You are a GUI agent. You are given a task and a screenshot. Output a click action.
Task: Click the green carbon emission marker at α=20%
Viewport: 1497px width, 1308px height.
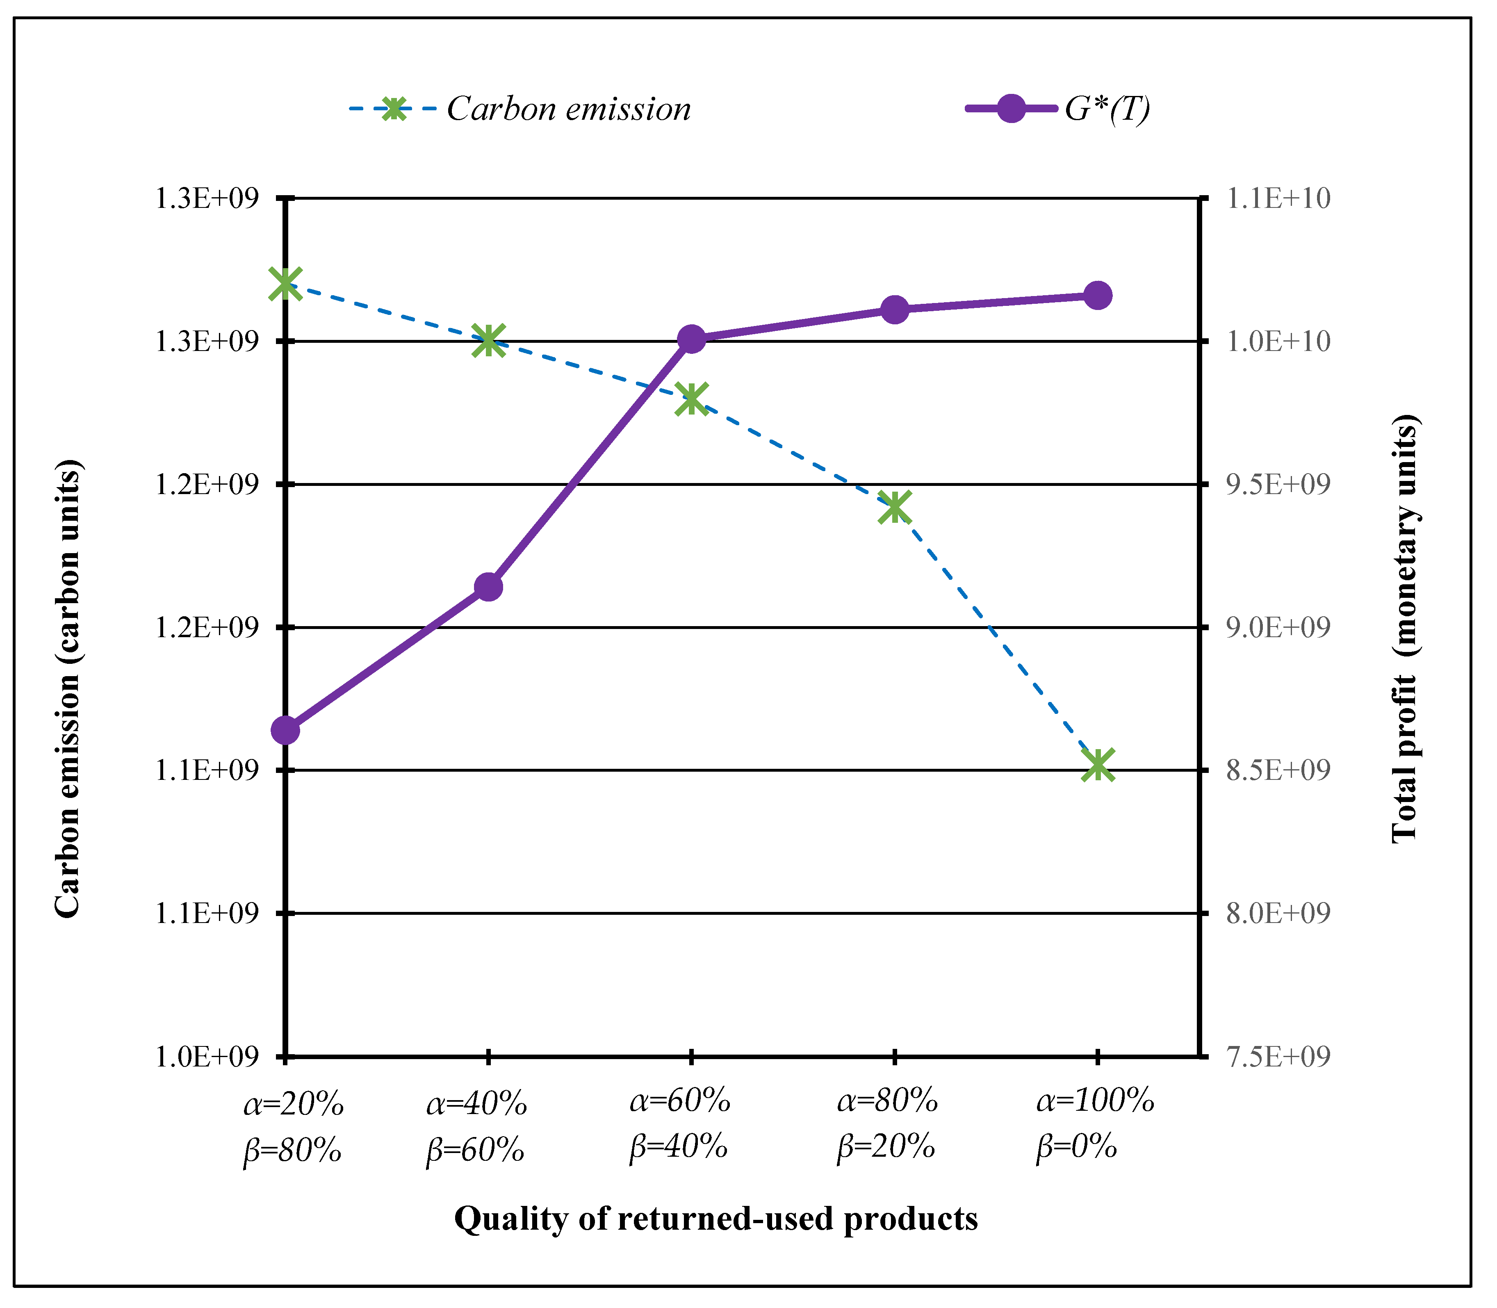(285, 283)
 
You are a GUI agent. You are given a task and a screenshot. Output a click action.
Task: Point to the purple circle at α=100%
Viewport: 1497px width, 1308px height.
(1098, 296)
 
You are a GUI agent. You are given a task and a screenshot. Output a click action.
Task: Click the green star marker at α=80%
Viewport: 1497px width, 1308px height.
(894, 506)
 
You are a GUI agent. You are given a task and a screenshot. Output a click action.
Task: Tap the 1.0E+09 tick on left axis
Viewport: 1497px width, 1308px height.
(207, 1056)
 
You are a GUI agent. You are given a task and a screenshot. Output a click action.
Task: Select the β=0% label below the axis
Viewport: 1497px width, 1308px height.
(1077, 1147)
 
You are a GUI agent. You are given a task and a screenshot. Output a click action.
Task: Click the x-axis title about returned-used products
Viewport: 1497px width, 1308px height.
(715, 1219)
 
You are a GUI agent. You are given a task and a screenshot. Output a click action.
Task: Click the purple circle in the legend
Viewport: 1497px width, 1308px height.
(1011, 109)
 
